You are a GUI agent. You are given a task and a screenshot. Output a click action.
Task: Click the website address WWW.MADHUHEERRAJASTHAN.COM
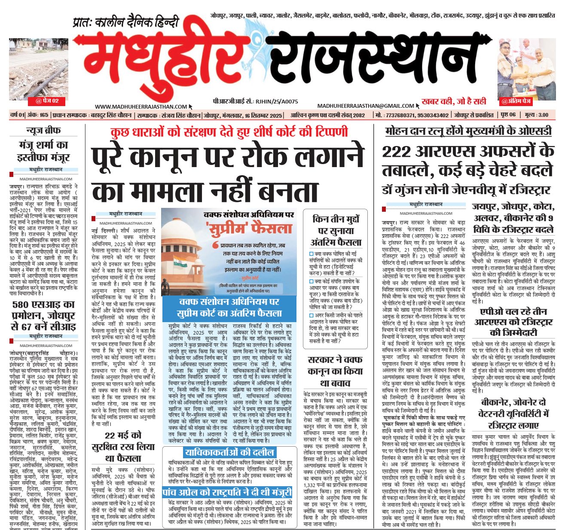[141, 107]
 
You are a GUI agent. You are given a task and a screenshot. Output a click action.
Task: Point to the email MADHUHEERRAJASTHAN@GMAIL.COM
[366, 106]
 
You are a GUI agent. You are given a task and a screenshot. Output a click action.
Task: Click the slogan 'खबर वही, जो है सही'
[454, 101]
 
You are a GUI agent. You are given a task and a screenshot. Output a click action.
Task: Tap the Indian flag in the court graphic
[180, 261]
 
